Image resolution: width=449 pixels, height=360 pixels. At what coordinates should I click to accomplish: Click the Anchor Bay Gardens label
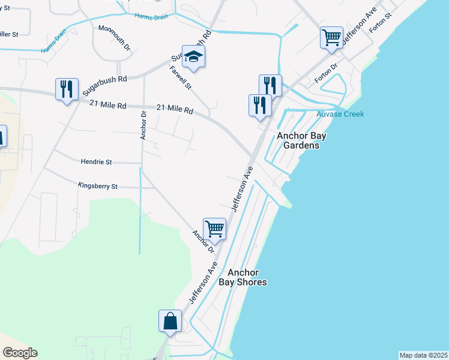pos(301,140)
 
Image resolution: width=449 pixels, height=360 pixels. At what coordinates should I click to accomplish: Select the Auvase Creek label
pos(340,114)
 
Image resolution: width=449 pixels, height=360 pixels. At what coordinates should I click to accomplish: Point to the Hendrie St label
pos(96,162)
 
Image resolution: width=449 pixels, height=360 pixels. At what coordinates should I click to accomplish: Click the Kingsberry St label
pos(97,187)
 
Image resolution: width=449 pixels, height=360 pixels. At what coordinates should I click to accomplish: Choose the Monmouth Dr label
pos(114,37)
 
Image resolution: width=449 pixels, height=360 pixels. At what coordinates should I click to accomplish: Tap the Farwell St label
pos(181,78)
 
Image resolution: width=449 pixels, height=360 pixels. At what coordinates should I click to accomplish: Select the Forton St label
pos(380,24)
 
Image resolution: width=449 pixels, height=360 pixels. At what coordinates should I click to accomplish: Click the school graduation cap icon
pos(194,56)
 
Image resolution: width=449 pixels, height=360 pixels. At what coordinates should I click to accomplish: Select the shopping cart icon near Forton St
pos(331,37)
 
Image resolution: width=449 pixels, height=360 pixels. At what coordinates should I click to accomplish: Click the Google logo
pos(20,353)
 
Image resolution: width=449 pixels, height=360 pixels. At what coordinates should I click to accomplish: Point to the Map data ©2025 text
pos(423,355)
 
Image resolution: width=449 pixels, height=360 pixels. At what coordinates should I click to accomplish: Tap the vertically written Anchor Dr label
pos(143,125)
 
